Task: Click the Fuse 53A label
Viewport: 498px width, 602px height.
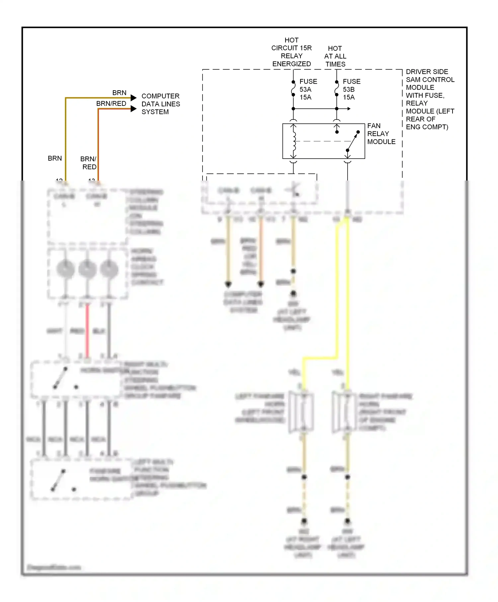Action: (308, 89)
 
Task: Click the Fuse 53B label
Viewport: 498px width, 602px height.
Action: (351, 89)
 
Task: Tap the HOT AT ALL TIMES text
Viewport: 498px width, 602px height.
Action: (335, 56)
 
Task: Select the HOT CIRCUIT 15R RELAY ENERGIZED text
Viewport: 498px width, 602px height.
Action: (291, 52)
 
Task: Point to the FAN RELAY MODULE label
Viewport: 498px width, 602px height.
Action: (381, 134)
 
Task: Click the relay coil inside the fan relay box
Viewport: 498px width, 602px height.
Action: (293, 141)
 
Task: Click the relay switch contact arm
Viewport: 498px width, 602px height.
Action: (353, 141)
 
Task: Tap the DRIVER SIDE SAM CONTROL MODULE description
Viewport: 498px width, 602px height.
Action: (430, 99)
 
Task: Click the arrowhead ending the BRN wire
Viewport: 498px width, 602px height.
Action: (133, 98)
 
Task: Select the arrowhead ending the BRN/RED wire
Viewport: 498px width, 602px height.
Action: (133, 109)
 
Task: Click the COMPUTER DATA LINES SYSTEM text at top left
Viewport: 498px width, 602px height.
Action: (160, 104)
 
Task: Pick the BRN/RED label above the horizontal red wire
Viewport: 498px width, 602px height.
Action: (111, 104)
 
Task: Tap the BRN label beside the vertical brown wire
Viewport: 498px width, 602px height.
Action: (55, 158)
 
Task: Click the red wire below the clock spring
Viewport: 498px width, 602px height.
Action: (87, 330)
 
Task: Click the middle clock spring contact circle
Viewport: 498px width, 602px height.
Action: (87, 269)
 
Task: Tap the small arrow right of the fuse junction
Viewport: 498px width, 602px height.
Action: (348, 109)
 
